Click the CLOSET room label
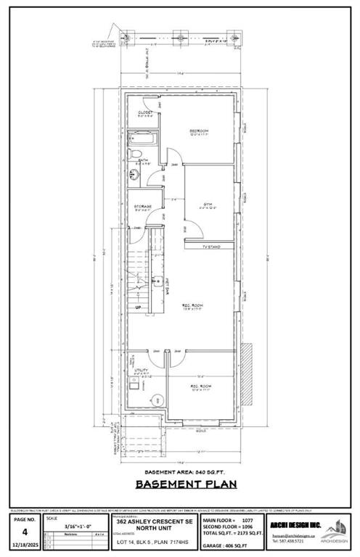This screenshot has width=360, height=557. click(144, 113)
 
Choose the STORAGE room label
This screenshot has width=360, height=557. click(142, 207)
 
